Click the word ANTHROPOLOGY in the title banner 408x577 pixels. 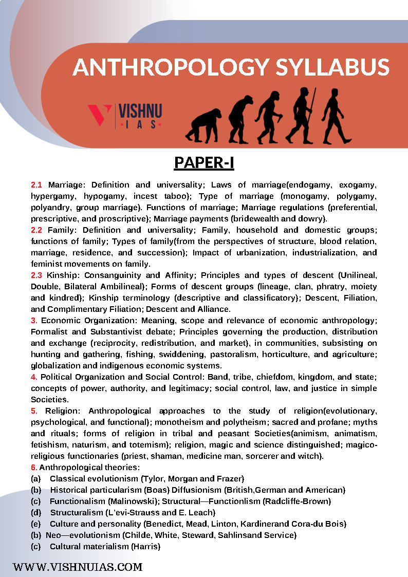(168, 68)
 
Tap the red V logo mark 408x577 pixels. (100, 116)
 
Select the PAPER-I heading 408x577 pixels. (204, 162)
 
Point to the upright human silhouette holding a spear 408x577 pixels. (302, 115)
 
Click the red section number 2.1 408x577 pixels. (36, 184)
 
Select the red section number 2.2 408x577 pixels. (36, 230)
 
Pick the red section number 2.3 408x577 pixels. (36, 275)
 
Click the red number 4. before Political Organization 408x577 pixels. (34, 377)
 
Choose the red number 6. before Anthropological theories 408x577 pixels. (34, 467)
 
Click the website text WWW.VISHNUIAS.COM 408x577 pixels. (78, 567)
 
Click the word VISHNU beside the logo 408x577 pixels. (140, 111)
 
